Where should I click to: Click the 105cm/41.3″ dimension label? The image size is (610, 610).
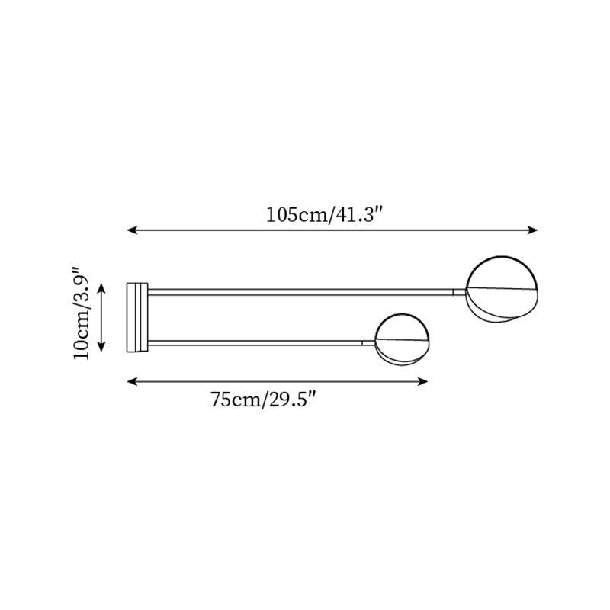[x=326, y=214]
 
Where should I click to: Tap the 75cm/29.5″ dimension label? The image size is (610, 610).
[x=263, y=400]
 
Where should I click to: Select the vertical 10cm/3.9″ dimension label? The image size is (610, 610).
[x=82, y=313]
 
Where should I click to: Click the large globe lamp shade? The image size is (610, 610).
[x=502, y=289]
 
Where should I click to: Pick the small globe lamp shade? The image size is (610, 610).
[x=403, y=339]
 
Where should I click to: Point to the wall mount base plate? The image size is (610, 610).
[x=137, y=317]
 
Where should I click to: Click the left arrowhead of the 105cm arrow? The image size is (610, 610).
[x=132, y=230]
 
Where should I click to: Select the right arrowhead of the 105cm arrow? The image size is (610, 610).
[x=532, y=230]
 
